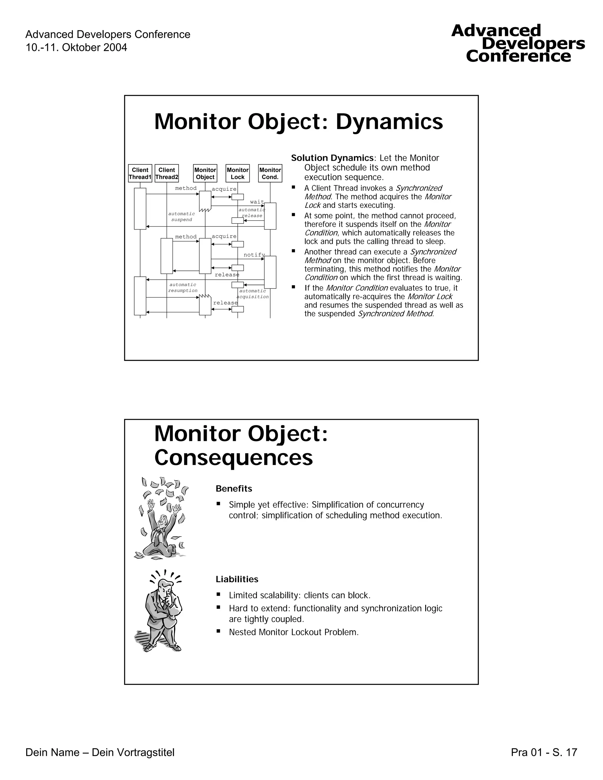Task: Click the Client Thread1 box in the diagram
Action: click(140, 173)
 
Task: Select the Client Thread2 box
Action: click(167, 173)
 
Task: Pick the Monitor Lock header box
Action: click(238, 173)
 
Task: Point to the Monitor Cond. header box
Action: click(270, 173)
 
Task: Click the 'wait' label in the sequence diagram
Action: click(257, 202)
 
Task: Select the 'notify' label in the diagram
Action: click(254, 255)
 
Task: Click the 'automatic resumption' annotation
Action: click(183, 288)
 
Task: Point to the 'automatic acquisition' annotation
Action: click(253, 293)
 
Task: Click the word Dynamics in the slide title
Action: click(389, 122)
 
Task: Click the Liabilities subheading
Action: click(237, 579)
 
